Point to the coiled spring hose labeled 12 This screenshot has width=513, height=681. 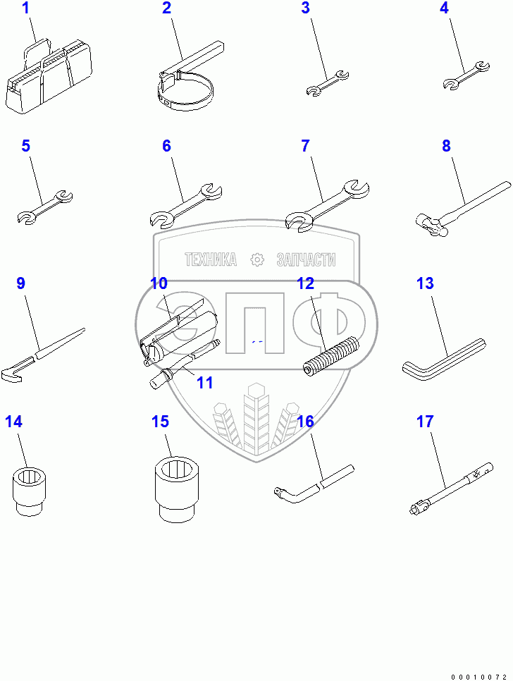(331, 357)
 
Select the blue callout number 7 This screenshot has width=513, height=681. (305, 146)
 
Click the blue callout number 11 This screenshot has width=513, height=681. (204, 383)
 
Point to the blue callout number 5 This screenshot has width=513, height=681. (25, 146)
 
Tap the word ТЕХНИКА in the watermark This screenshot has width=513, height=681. (210, 260)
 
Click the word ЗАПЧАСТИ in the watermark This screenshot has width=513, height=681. (306, 260)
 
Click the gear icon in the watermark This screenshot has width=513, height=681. (256, 260)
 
